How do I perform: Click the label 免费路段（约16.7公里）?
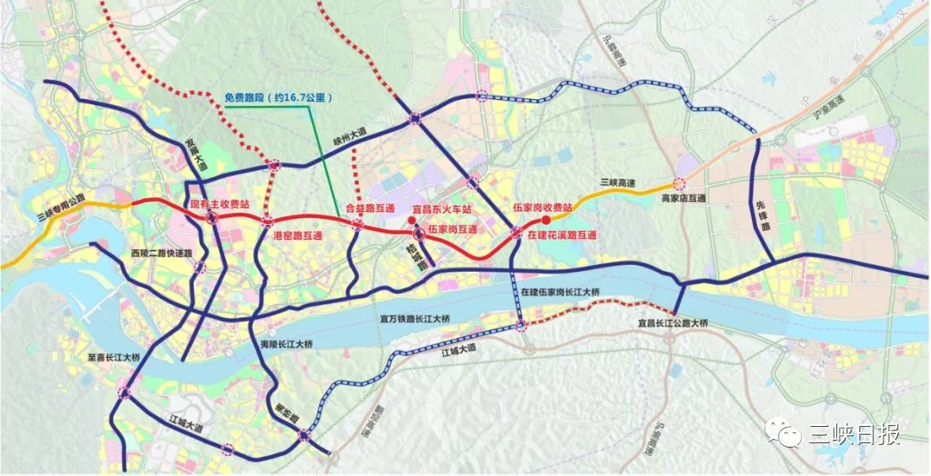pyautogui.click(x=278, y=97)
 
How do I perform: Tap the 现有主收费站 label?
pyautogui.click(x=220, y=204)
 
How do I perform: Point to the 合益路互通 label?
pyautogui.click(x=370, y=208)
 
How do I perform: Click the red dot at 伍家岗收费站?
pyautogui.click(x=546, y=220)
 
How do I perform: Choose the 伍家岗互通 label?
pyautogui.click(x=453, y=229)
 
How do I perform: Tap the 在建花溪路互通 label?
pyautogui.click(x=562, y=235)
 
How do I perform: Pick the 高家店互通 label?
pyautogui.click(x=683, y=198)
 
